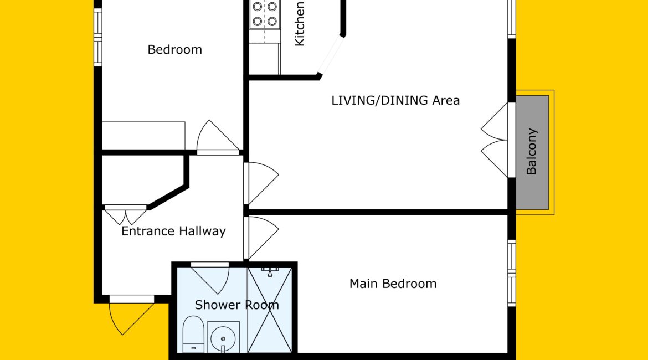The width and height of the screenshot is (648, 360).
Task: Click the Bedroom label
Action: click(175, 50)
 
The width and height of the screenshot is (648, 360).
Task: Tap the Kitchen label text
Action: click(299, 24)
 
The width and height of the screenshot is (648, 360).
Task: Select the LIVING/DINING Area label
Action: click(395, 100)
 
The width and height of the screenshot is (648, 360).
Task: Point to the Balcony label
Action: click(532, 151)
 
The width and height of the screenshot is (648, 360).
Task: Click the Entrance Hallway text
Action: click(173, 231)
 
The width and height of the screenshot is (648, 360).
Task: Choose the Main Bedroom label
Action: click(393, 284)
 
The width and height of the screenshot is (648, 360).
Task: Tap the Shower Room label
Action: click(237, 305)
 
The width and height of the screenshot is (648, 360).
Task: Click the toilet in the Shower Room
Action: click(193, 335)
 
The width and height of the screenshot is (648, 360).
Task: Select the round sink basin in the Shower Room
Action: click(223, 338)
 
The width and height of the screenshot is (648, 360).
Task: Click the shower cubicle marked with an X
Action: click(270, 310)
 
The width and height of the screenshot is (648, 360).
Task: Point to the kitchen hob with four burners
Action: click(265, 14)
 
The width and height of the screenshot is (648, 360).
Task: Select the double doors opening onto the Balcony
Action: click(494, 140)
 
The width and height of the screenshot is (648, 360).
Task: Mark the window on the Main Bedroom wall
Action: click(512, 273)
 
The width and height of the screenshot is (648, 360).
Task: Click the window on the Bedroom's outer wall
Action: click(98, 37)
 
